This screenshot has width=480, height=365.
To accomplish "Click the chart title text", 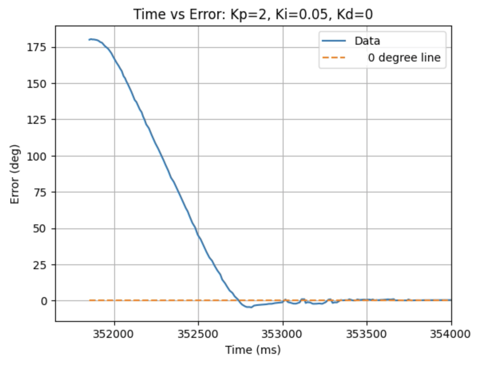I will pyautogui.click(x=253, y=14).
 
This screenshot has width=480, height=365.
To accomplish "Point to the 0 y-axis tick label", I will pyautogui.click(x=44, y=301).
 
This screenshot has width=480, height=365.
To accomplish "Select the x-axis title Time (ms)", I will pyautogui.click(x=253, y=350).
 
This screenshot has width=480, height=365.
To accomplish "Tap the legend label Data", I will pyautogui.click(x=367, y=41).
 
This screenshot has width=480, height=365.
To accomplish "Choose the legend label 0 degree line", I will pyautogui.click(x=404, y=58).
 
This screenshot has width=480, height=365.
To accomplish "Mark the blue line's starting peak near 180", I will pyautogui.click(x=91, y=39).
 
